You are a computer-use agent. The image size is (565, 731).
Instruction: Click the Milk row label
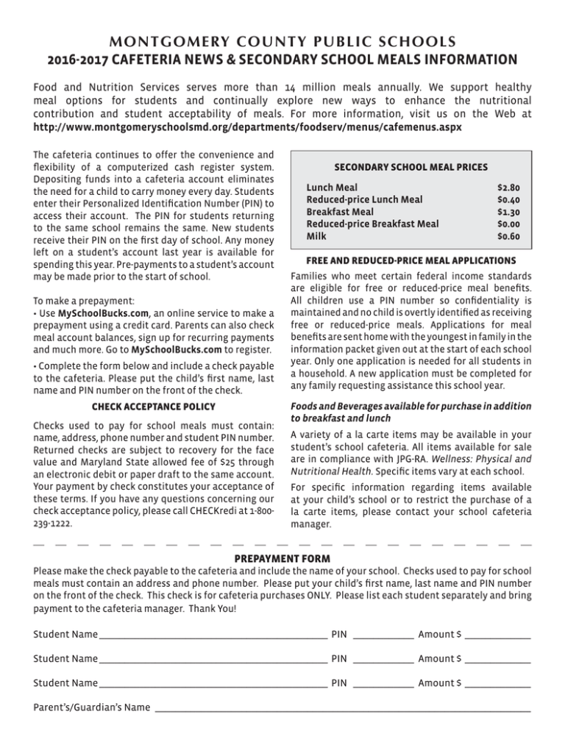pos(318,237)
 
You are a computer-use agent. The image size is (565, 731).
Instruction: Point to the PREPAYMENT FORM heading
pos(282,559)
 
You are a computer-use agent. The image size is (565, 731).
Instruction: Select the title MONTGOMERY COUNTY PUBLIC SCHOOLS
pos(282,39)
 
